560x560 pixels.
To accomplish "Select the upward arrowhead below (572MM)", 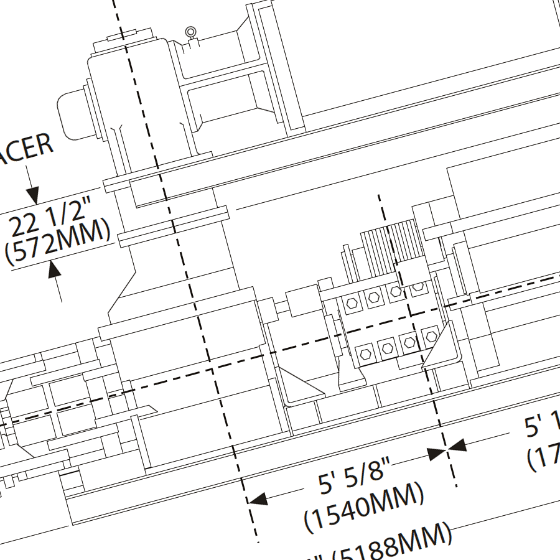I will point(55,269).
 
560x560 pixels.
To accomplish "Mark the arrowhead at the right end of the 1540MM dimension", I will point(437,453).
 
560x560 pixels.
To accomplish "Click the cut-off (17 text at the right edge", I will point(544,457).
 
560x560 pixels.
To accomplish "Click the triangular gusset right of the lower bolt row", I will point(443,352).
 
